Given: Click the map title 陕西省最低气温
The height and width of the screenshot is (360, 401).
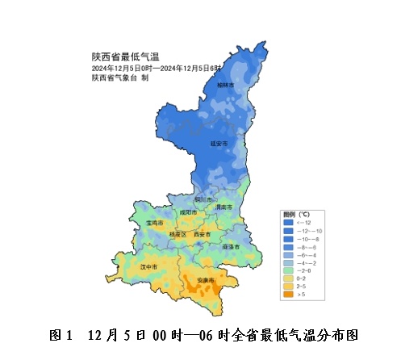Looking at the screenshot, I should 125,57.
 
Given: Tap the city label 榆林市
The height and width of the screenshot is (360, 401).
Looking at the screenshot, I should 226,85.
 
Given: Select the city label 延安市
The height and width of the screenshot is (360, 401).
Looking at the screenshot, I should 219,143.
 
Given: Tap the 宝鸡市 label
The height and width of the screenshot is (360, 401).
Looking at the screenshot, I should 154,223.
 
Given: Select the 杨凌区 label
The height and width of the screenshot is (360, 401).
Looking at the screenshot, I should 177,234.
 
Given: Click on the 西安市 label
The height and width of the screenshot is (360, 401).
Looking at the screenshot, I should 202,234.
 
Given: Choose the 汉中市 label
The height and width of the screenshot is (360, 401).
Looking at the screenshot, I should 148,265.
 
